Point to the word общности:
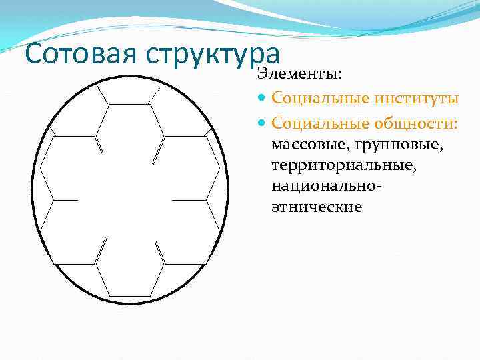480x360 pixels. click(x=416, y=122)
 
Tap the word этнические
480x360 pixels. click(x=317, y=207)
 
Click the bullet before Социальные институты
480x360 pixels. click(x=261, y=99)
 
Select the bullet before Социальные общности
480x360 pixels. click(x=261, y=123)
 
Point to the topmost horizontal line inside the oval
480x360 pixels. click(x=129, y=104)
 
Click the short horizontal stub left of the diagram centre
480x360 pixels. click(x=65, y=199)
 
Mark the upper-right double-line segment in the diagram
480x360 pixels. click(x=159, y=150)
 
